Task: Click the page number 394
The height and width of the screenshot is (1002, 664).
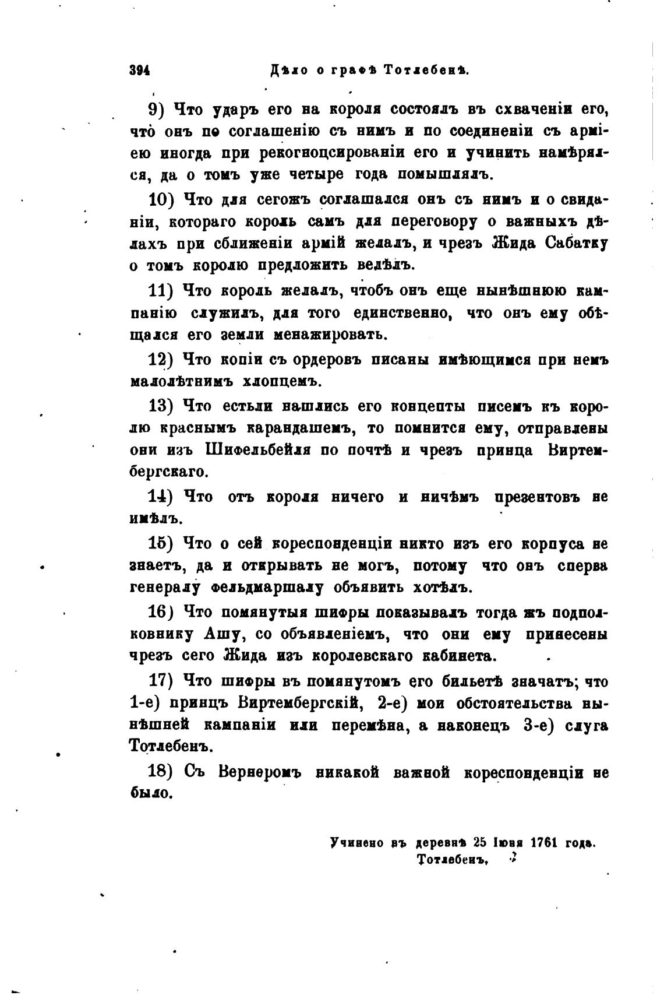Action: coord(140,71)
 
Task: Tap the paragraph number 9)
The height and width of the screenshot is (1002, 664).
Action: coord(158,109)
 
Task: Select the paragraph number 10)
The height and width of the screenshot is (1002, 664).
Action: coord(163,199)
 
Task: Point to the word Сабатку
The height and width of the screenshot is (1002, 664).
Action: coord(577,243)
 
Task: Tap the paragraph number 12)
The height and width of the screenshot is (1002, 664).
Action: coord(163,360)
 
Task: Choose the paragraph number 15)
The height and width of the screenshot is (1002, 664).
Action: coord(163,544)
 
